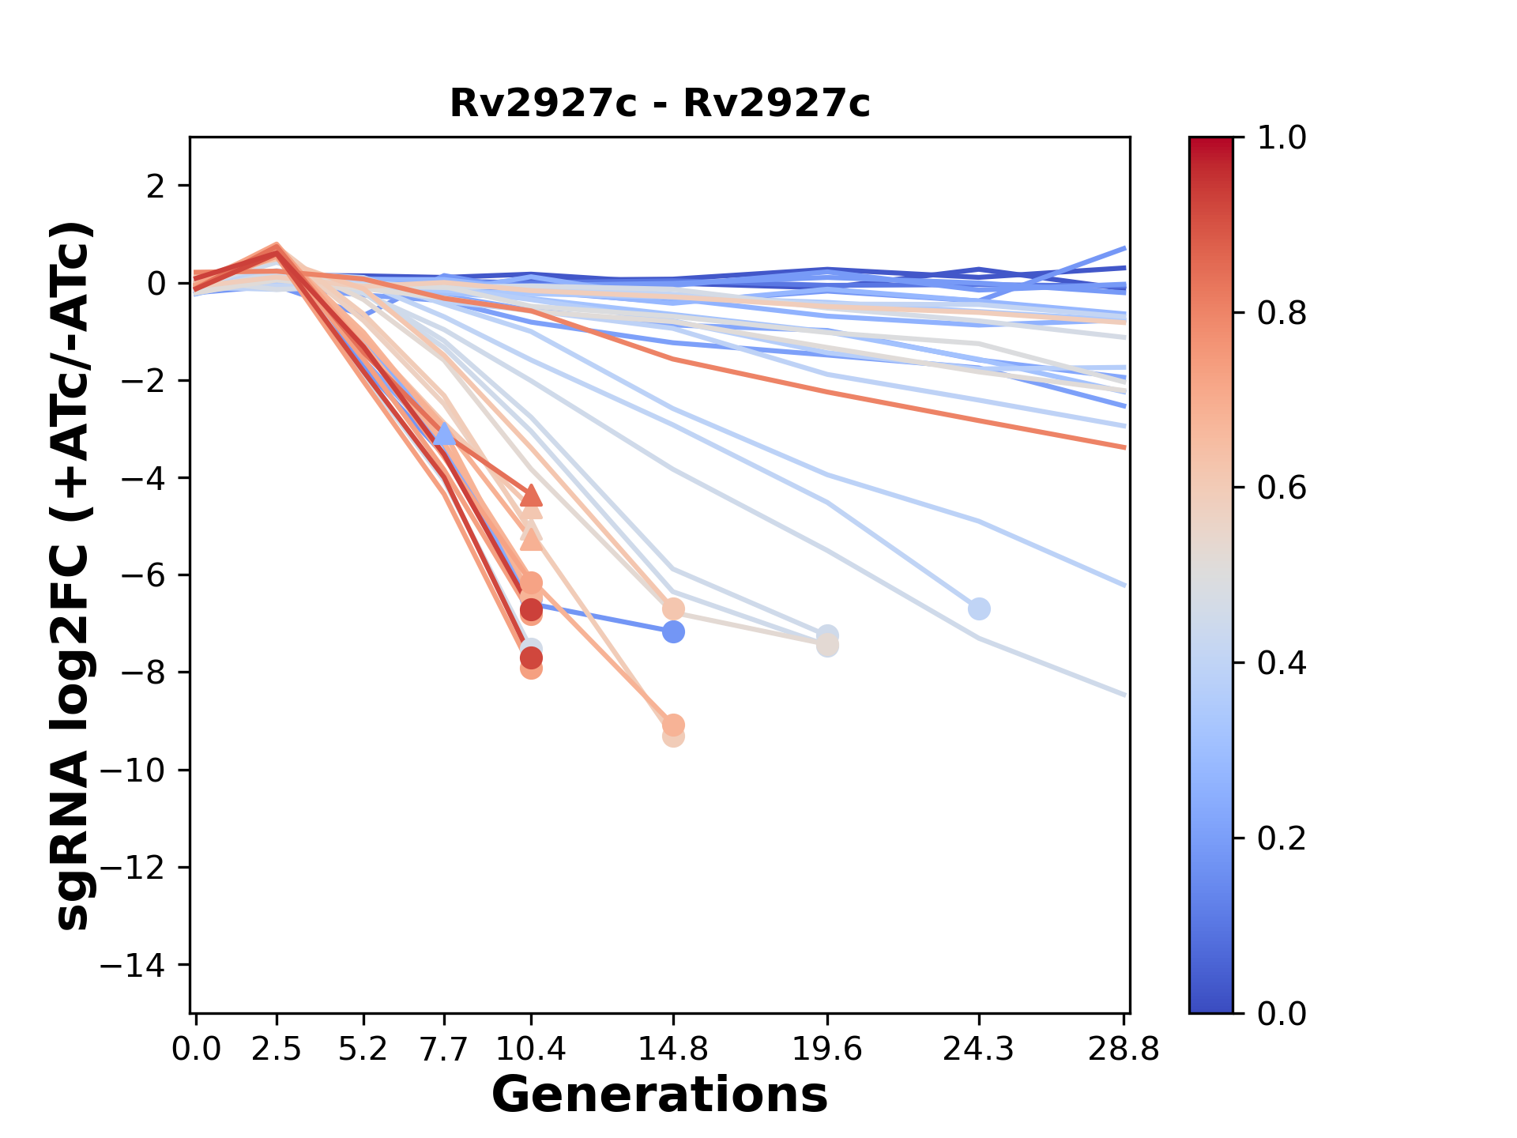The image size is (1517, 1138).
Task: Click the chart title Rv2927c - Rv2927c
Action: pyautogui.click(x=659, y=104)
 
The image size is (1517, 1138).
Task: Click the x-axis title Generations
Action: pyautogui.click(x=659, y=1095)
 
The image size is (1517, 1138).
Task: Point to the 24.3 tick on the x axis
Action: pyautogui.click(x=979, y=1049)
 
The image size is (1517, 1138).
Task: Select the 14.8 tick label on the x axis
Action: pyautogui.click(x=672, y=1049)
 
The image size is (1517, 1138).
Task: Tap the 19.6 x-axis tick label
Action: pyautogui.click(x=826, y=1049)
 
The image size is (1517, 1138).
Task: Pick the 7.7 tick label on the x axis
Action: pyautogui.click(x=444, y=1049)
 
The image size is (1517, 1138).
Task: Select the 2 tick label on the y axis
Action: pyautogui.click(x=156, y=187)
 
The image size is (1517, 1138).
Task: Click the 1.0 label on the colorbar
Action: pyautogui.click(x=1282, y=138)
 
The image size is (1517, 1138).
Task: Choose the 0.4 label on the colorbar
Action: pyautogui.click(x=1282, y=663)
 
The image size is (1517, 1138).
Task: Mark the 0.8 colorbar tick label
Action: pyautogui.click(x=1282, y=314)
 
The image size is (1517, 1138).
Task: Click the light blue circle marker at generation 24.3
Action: pyautogui.click(x=979, y=609)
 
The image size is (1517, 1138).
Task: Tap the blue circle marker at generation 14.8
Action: pyautogui.click(x=673, y=632)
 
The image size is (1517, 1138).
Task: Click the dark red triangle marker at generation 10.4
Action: pyautogui.click(x=532, y=496)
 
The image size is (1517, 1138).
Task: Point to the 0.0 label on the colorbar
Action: pyautogui.click(x=1282, y=1013)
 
